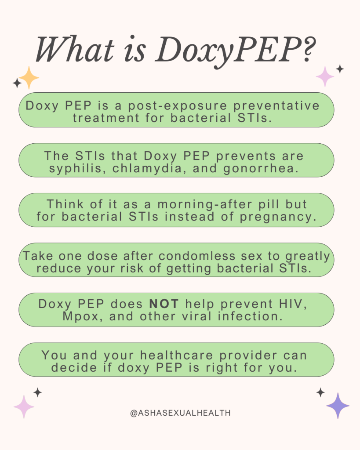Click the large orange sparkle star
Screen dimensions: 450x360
(29, 78)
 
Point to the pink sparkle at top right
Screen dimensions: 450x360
(325, 76)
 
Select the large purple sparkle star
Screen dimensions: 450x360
(338, 406)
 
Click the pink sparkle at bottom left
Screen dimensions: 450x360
(24, 406)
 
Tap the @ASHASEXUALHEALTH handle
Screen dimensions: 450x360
(180, 413)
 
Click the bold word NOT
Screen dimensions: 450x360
(164, 304)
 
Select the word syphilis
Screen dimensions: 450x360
(72, 169)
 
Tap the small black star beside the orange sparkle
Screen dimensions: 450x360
(17, 82)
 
